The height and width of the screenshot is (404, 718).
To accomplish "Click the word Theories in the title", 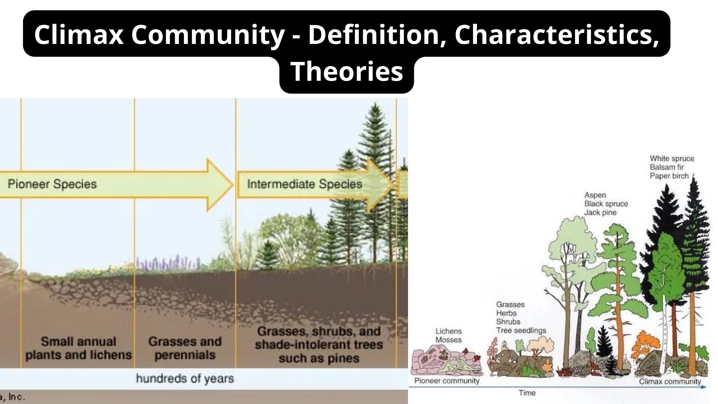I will click(346, 72).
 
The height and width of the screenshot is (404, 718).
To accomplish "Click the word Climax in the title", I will click(79, 35).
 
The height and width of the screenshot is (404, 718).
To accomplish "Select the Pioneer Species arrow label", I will click(52, 184).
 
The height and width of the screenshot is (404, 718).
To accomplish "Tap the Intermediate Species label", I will click(305, 184).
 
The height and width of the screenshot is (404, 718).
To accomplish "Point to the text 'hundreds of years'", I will click(185, 379).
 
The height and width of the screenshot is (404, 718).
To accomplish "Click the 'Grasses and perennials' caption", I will click(185, 348).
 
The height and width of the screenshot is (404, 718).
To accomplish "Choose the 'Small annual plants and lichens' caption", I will click(79, 348).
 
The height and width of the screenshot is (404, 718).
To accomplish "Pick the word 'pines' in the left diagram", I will click(343, 358).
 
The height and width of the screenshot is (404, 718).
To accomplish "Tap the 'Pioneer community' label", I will click(447, 381).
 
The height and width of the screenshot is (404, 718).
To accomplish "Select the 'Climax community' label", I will click(670, 382).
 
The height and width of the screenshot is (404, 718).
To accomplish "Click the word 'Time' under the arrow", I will click(527, 393).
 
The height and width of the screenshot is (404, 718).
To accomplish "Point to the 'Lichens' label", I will click(448, 331).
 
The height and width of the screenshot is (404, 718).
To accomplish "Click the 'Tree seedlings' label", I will click(521, 331).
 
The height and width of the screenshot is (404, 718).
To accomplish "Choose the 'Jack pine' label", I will click(600, 213).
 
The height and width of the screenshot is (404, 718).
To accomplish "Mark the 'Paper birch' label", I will click(669, 176).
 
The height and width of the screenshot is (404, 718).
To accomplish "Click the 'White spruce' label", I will click(672, 159).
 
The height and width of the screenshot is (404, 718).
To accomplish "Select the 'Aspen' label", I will click(595, 195).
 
